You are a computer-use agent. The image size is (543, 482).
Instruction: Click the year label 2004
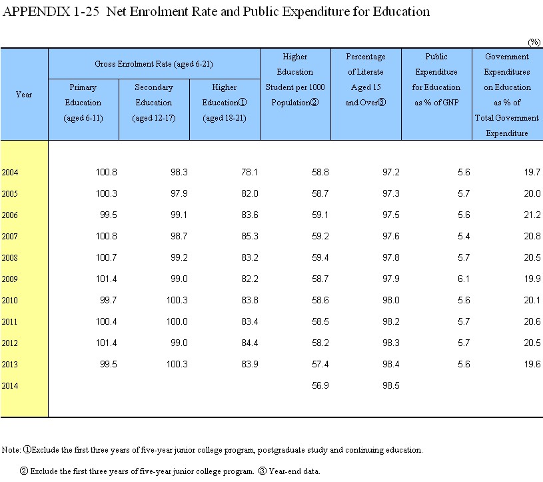10,172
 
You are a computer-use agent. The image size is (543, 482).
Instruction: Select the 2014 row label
10,386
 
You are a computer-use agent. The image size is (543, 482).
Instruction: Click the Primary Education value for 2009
107,279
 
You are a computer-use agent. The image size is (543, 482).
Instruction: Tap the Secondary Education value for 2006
179,215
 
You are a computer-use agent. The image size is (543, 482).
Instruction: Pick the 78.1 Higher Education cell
249,172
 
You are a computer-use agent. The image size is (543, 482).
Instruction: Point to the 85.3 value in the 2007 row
249,236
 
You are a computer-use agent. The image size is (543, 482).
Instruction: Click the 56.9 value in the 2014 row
320,386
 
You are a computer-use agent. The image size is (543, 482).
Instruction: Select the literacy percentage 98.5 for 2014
390,386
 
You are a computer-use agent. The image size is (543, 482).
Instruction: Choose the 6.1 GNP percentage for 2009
464,279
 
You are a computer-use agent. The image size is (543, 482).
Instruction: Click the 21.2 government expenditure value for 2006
532,215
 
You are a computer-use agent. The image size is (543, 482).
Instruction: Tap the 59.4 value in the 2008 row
320,257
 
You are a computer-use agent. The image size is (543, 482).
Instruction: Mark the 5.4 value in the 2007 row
464,236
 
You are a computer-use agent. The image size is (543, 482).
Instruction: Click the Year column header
24,95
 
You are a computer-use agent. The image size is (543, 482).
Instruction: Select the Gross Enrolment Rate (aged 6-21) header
154,64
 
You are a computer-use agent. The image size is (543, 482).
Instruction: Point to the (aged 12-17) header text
154,118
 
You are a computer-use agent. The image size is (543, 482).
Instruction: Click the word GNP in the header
451,103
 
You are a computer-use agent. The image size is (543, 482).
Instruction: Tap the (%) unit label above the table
534,42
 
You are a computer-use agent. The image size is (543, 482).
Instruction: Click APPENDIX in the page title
37,12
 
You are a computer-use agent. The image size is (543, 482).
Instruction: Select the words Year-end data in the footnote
294,471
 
